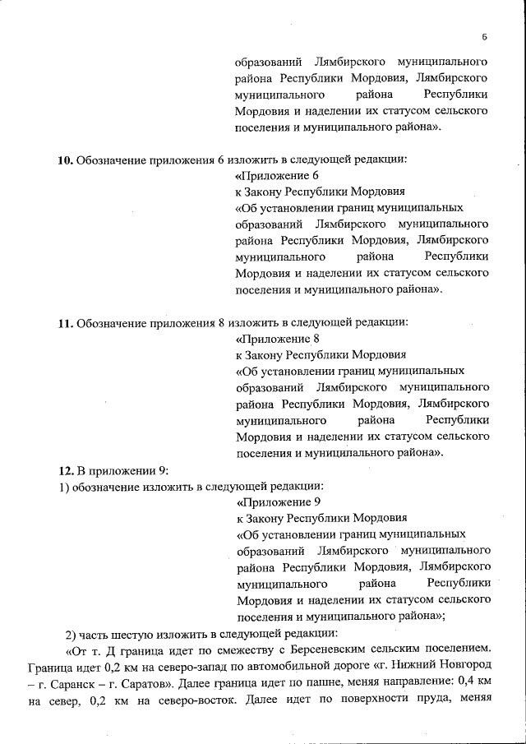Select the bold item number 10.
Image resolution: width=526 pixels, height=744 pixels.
(65, 160)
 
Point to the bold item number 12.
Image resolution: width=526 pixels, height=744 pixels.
(66, 470)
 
